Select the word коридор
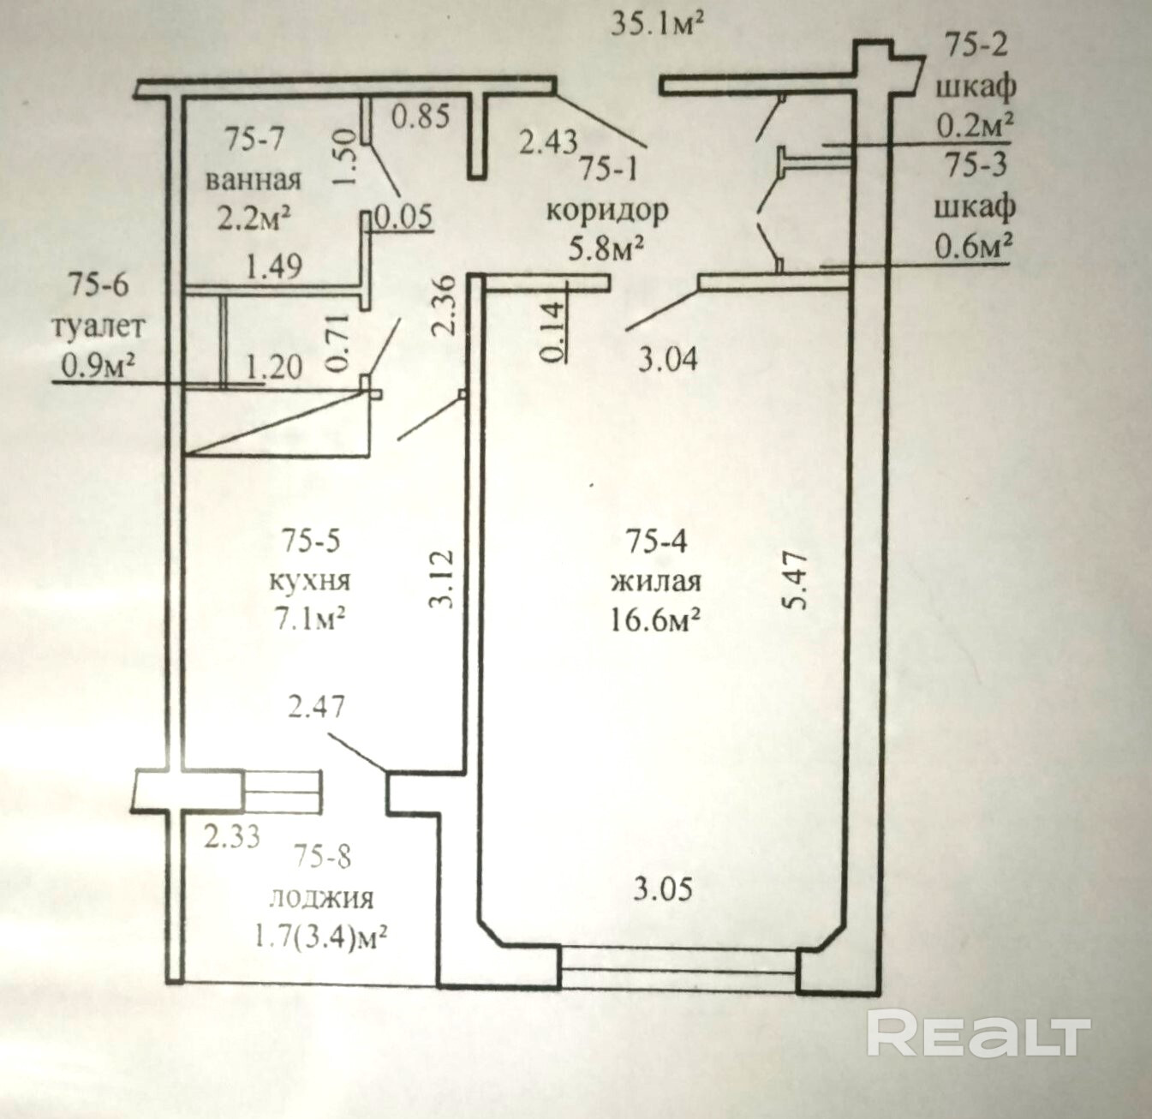(607, 210)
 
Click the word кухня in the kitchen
(309, 580)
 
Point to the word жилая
(656, 582)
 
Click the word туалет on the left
(98, 326)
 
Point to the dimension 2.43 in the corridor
(549, 140)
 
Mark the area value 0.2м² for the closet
(975, 127)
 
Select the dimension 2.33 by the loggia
(232, 835)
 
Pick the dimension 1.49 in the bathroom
(274, 267)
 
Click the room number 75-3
(976, 165)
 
